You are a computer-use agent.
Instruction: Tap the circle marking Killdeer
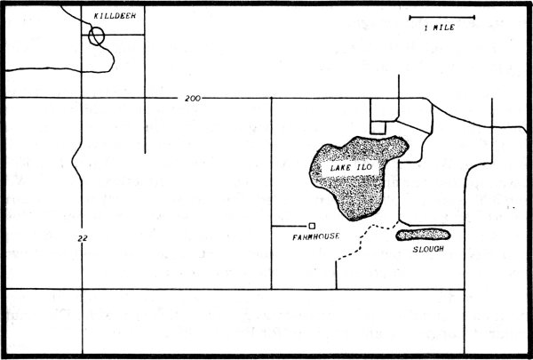[97, 36]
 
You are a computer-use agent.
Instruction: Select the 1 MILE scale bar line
[442, 17]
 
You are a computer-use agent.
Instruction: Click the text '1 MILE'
[440, 28]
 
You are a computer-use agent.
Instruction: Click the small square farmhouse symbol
[312, 226]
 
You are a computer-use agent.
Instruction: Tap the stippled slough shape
[424, 235]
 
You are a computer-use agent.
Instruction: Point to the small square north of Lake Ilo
[378, 126]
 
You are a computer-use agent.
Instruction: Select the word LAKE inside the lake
[338, 168]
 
